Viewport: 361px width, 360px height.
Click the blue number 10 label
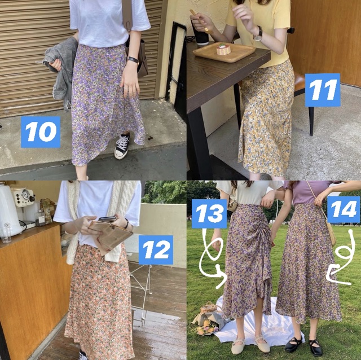point(40,132)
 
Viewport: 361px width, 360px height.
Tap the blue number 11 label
point(323,90)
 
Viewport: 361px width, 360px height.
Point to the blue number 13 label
point(209,214)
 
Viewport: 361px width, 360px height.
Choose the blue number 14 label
point(343,210)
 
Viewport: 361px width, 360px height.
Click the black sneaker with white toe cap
point(122,146)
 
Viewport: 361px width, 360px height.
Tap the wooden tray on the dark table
point(224,52)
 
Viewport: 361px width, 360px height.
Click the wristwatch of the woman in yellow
point(258,33)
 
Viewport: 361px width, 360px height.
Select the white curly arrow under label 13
point(217,257)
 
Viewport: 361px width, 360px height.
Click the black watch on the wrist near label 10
point(133,60)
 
